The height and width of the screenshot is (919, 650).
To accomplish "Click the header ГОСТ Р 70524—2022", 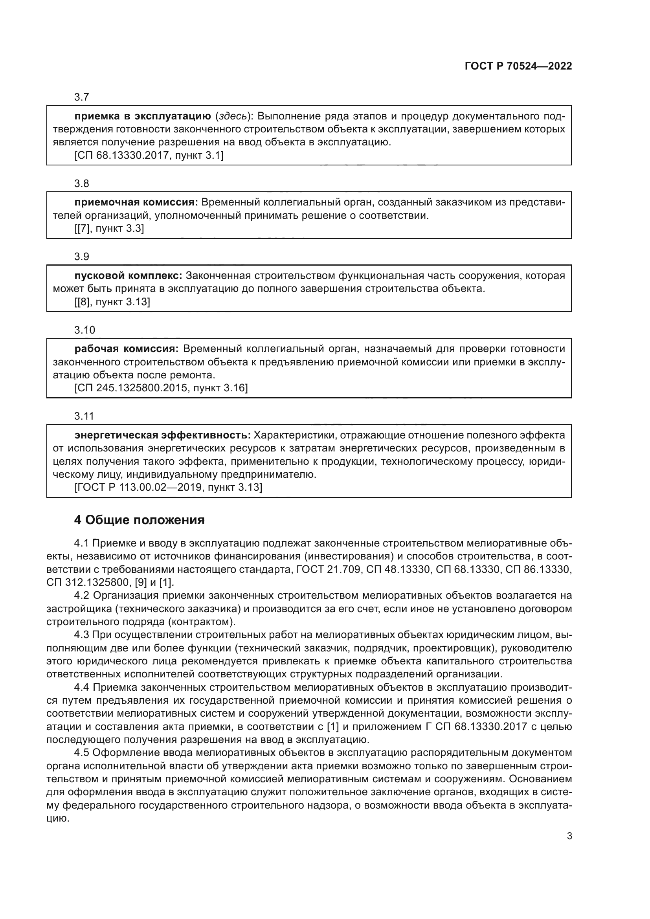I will tap(518, 66).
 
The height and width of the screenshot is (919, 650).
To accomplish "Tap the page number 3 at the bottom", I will tap(569, 836).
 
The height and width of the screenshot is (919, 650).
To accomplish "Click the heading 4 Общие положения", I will tap(139, 520).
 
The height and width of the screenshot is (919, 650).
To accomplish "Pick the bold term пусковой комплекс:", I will tap(128, 275).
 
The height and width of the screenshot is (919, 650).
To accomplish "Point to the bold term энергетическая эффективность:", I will tap(162, 435).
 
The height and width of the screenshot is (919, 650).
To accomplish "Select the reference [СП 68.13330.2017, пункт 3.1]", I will tap(149, 155).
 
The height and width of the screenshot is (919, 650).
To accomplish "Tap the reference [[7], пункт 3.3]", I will tap(109, 229).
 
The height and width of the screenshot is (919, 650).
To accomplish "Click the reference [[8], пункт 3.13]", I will tap(112, 302).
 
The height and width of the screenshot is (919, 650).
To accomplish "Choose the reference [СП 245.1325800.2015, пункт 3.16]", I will tap(161, 388).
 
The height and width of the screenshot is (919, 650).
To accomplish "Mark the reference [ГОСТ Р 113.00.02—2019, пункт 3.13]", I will tap(168, 487).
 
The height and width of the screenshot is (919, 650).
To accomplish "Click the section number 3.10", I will tap(84, 330).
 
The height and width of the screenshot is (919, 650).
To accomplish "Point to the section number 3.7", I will tap(82, 97).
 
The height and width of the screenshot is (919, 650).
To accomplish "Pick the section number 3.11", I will tap(84, 416).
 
